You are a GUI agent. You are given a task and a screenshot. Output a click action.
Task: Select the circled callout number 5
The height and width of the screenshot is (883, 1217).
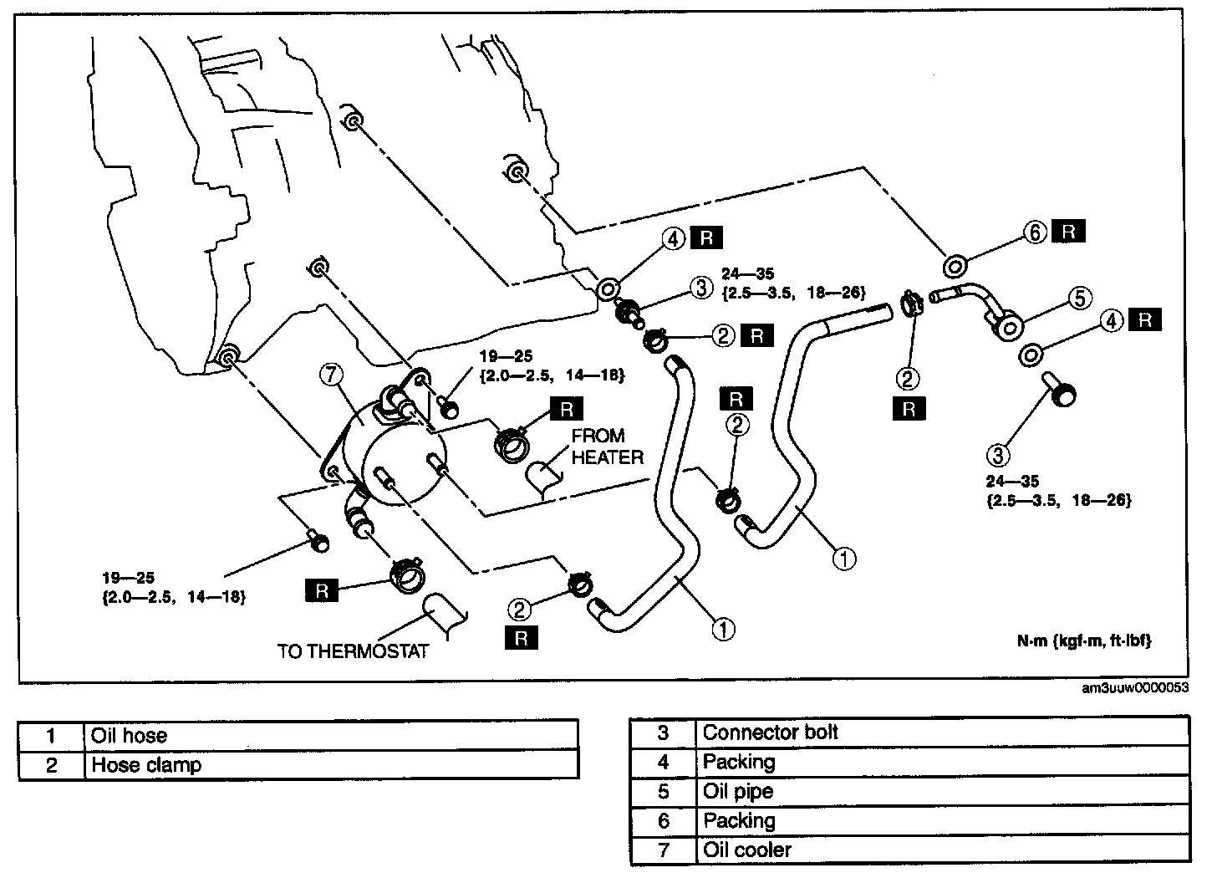coord(1079,297)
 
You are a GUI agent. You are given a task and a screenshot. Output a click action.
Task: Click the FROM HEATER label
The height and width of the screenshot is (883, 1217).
coord(608,447)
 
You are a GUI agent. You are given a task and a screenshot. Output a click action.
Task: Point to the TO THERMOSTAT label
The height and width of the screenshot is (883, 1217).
coord(353,651)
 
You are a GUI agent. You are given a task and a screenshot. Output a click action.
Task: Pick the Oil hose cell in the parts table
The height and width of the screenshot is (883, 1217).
coord(130,736)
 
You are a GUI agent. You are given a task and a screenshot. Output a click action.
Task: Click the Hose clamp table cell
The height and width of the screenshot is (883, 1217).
coord(146,764)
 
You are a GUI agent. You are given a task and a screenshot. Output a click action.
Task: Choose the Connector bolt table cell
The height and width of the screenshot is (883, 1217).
coord(770,733)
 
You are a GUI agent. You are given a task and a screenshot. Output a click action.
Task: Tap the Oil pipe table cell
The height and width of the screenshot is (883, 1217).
coord(738,792)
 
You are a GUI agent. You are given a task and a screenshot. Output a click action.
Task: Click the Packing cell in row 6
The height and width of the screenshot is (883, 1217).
coord(740,821)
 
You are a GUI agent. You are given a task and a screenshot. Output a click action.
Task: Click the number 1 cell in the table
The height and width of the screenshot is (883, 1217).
coord(52,736)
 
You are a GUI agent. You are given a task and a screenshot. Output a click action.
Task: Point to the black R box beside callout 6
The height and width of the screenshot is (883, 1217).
coord(1068,232)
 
